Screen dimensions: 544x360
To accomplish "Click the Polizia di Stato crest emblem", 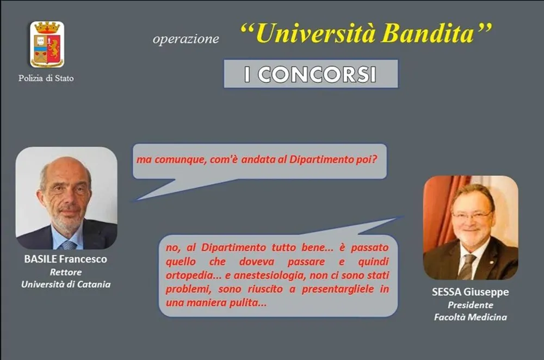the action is click(47, 44).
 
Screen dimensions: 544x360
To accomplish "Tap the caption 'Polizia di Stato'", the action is click(46, 78).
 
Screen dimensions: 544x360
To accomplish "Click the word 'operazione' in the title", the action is click(186, 39).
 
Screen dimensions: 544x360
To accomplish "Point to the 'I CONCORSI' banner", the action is click(311, 74).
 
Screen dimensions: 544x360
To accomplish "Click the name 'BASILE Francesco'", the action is click(66, 259).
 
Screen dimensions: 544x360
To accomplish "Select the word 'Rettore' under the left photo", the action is click(66, 272).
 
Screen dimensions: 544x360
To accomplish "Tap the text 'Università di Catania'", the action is click(66, 284).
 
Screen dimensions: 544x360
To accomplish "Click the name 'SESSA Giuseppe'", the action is click(471, 292).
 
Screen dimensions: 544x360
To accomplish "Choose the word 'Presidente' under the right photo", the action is click(471, 305).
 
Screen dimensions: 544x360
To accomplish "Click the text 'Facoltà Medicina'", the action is click(471, 317).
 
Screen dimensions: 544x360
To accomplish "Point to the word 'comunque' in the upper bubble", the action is click(178, 160).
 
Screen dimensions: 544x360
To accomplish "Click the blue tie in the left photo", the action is click(69, 245).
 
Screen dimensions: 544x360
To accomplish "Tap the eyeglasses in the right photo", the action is click(471, 215).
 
